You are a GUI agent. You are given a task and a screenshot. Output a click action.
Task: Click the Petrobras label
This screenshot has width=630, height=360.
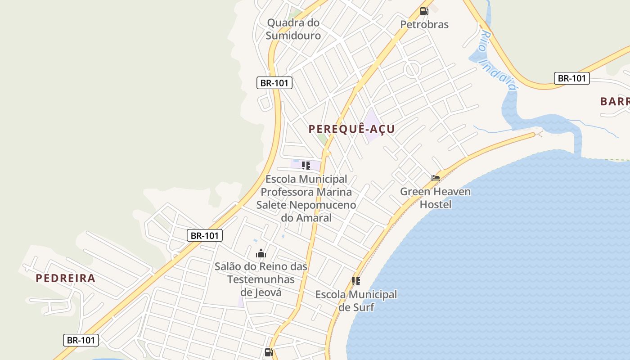[x=424, y=24]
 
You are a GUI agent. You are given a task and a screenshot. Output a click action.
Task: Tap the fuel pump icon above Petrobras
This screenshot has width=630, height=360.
[x=424, y=11]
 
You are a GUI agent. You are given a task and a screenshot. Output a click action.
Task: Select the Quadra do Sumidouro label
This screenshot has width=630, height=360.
[x=293, y=29]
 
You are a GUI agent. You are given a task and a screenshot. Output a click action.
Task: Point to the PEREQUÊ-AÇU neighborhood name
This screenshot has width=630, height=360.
[x=351, y=129]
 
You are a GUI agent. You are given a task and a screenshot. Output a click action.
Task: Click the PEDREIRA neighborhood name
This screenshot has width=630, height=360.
[x=66, y=278]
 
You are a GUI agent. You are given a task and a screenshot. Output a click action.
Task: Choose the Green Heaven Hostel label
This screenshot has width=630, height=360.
[x=435, y=198]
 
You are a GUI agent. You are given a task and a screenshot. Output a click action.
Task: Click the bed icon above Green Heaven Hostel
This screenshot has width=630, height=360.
[x=435, y=178]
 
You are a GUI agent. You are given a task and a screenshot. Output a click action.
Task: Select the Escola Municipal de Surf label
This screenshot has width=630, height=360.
[x=356, y=301]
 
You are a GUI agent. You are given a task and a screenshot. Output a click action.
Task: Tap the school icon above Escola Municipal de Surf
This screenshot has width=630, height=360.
[x=356, y=281]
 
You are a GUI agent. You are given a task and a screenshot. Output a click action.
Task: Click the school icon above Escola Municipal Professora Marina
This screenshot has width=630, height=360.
[x=306, y=166]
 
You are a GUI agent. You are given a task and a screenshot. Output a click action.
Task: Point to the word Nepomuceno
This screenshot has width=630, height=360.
[x=323, y=205]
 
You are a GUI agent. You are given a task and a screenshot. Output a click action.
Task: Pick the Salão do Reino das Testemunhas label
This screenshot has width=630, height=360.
[x=261, y=273]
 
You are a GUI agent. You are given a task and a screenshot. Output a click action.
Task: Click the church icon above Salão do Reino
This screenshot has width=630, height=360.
[x=261, y=254]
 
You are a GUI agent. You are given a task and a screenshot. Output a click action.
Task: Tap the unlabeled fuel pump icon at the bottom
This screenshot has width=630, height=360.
[x=269, y=352]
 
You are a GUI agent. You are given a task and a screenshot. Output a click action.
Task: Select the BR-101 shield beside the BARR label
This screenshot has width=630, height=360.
[x=571, y=78]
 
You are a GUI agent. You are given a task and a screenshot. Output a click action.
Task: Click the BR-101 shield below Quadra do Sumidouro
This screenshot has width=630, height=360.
[x=274, y=83]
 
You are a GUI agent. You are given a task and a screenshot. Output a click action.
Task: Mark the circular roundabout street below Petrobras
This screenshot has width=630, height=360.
[x=412, y=70]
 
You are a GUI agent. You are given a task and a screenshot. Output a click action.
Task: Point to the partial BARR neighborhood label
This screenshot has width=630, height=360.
[x=615, y=101]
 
